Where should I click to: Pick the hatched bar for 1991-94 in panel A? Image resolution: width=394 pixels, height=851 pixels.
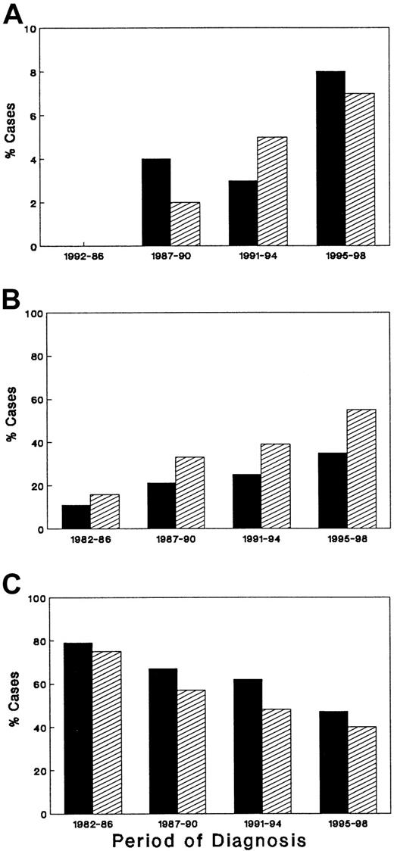pyautogui.click(x=272, y=192)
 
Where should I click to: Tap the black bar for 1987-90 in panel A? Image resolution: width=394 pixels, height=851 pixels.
pyautogui.click(x=155, y=202)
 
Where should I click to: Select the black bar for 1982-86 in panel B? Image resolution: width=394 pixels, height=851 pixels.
pyautogui.click(x=75, y=516)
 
